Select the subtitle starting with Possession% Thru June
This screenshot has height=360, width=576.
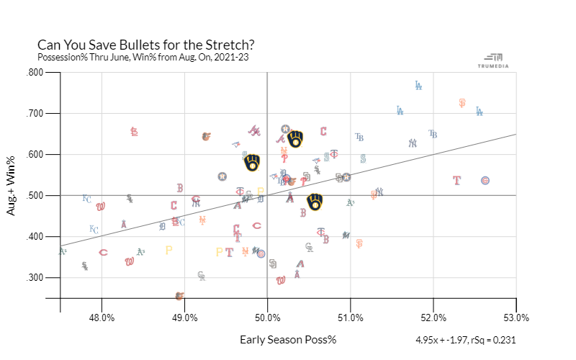point(143,57)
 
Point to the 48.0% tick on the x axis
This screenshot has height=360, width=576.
point(102,318)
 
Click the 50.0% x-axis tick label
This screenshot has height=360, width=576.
point(267,318)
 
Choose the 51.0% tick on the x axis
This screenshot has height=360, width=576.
point(350,318)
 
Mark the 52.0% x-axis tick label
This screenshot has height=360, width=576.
point(433,318)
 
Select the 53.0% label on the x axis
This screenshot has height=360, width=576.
point(516,318)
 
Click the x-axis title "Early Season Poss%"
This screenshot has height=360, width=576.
point(288,339)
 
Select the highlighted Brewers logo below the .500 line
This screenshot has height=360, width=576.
point(315,202)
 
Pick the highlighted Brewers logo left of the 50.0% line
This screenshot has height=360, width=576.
point(252,163)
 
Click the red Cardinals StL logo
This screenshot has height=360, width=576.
point(134,132)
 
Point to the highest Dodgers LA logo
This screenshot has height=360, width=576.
point(418,85)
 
